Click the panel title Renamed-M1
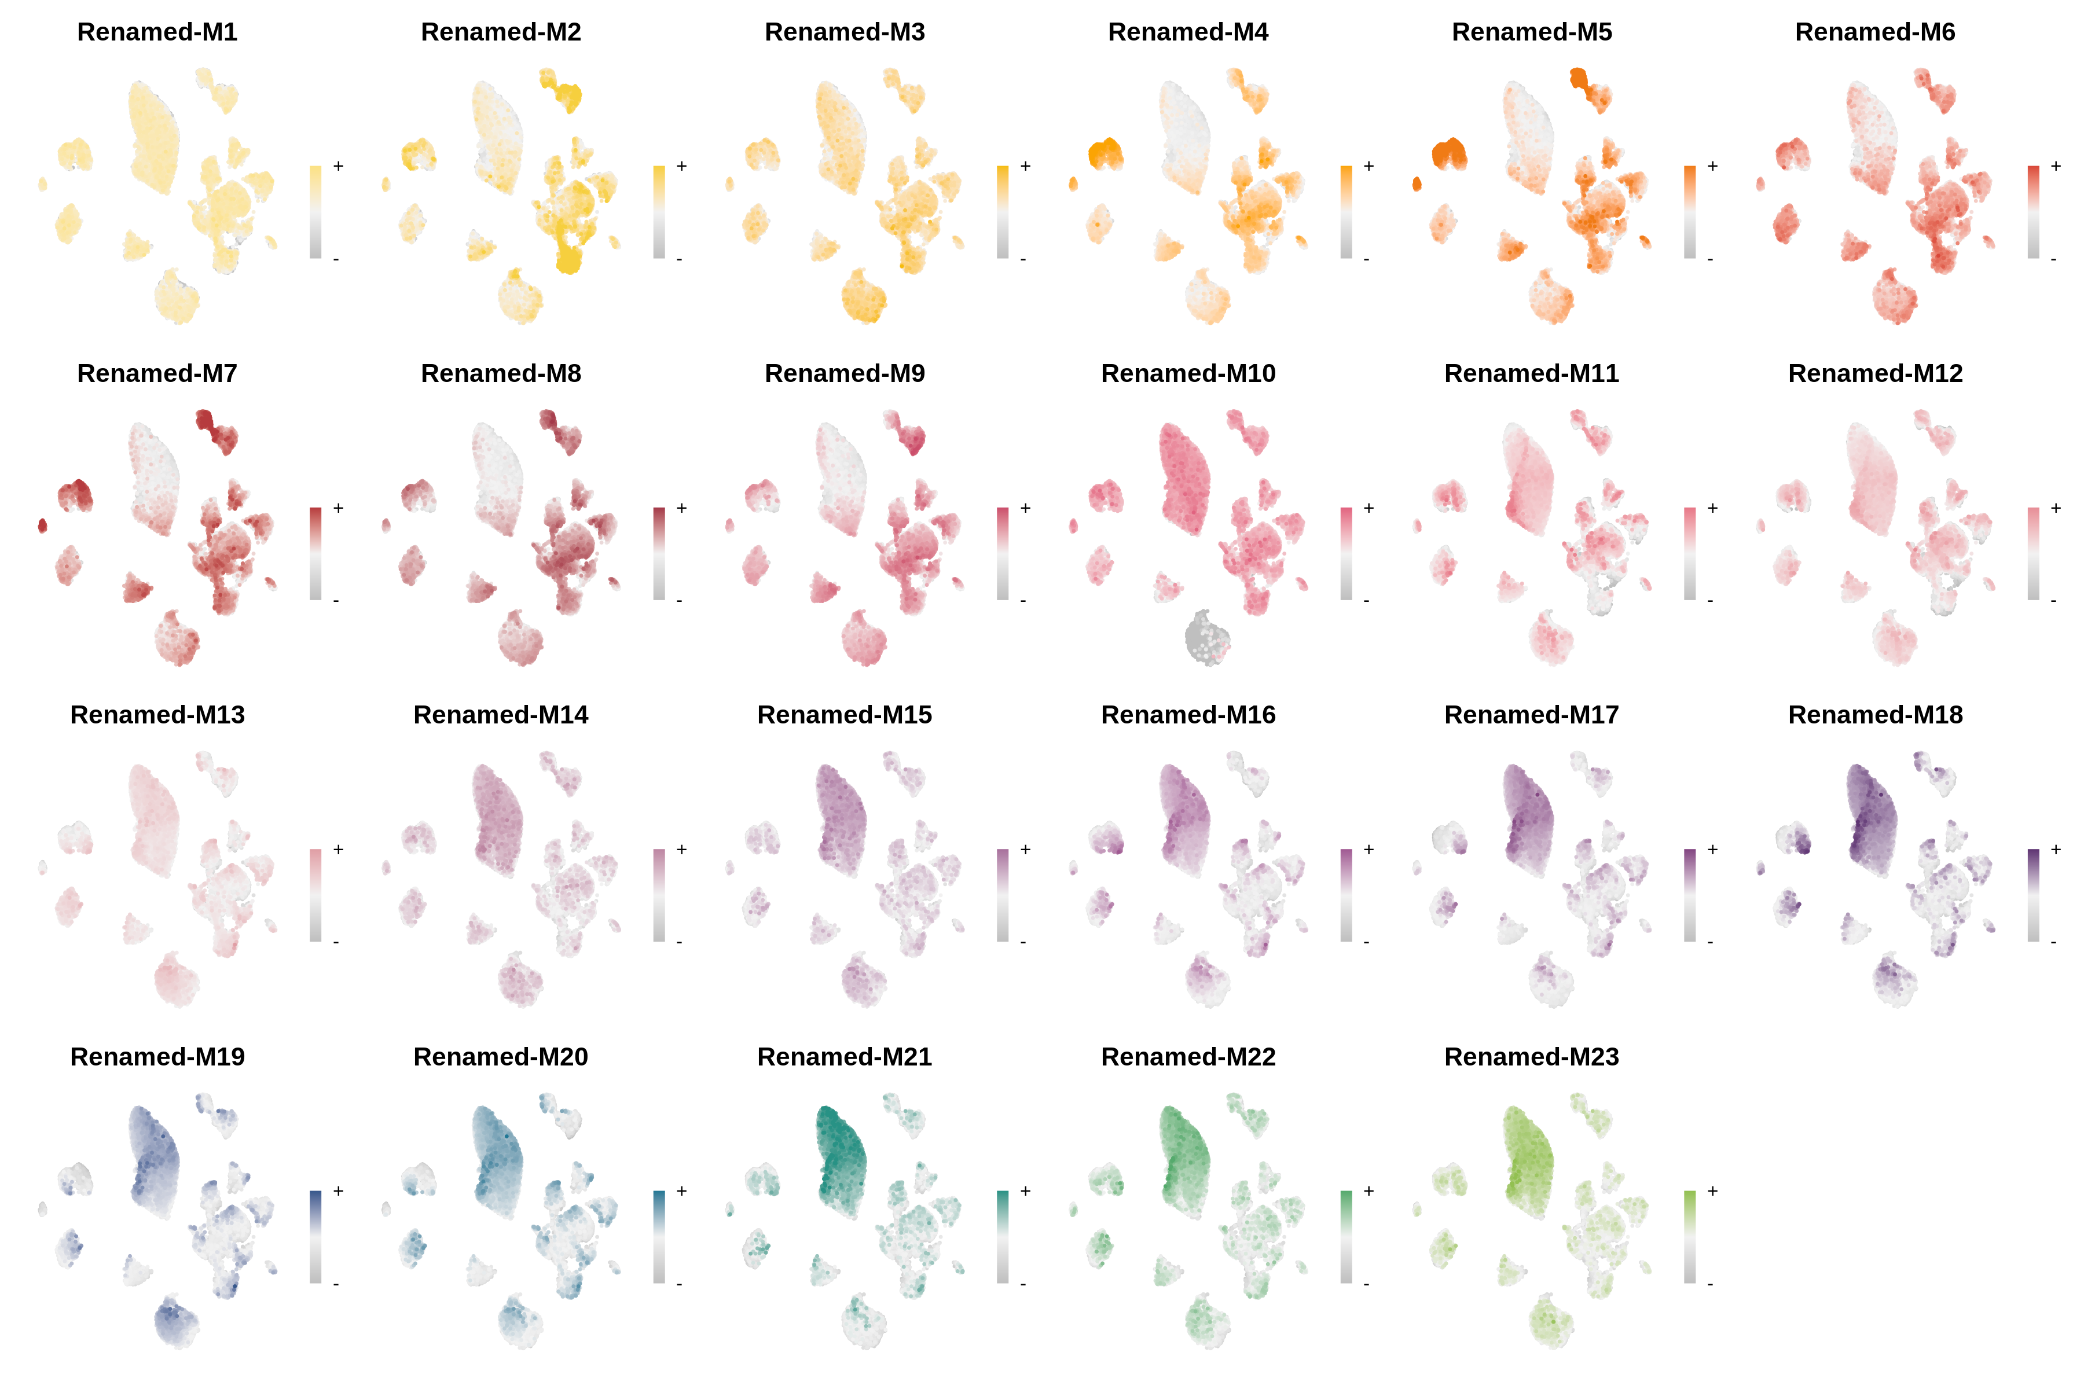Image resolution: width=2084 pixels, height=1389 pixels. (157, 32)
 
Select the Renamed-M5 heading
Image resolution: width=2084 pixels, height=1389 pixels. (1531, 32)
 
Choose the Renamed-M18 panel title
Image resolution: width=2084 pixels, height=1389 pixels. (1875, 714)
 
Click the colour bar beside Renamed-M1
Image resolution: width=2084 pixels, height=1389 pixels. (315, 212)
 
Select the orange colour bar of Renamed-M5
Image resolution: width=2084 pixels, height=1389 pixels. (1690, 212)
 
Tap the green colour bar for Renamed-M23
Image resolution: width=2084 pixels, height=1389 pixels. (1690, 1237)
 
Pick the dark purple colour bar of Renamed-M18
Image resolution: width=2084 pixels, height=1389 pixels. (2034, 895)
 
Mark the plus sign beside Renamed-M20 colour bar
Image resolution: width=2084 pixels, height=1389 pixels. (681, 1190)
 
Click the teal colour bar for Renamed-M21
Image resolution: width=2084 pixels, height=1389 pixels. (1002, 1237)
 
